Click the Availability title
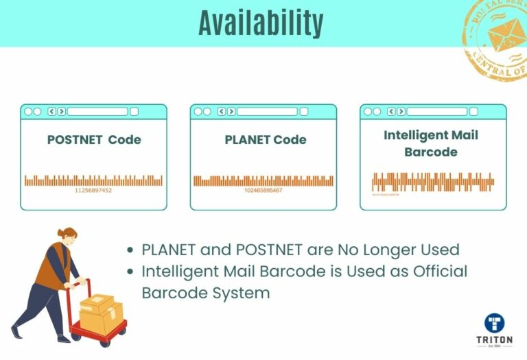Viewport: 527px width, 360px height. [x=261, y=23]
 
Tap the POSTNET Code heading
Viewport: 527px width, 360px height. [x=94, y=140]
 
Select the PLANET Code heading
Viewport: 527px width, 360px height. [x=266, y=140]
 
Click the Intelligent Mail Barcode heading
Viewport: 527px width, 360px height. [x=431, y=143]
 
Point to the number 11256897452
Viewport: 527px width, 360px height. [x=93, y=190]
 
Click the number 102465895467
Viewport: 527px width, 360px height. [x=263, y=190]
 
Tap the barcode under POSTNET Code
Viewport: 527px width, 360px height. [x=93, y=180]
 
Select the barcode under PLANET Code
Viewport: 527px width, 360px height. [x=263, y=181]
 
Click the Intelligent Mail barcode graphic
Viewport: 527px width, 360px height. [x=433, y=182]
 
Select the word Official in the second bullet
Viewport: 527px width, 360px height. [x=439, y=271]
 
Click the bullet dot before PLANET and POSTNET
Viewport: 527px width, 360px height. [x=132, y=250]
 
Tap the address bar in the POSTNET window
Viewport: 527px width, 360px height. [x=97, y=111]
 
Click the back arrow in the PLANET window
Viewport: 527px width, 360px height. [x=221, y=111]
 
